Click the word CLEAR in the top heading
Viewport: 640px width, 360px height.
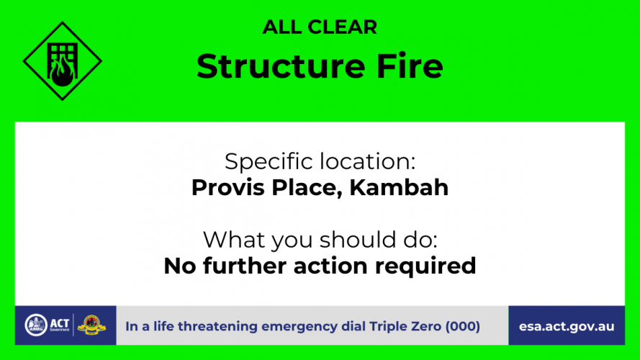pyautogui.click(x=342, y=27)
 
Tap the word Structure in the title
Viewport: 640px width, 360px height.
pyautogui.click(x=281, y=66)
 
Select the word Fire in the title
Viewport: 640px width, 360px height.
pyautogui.click(x=410, y=66)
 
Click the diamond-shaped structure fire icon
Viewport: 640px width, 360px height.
pyautogui.click(x=63, y=61)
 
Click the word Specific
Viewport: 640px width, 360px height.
pyautogui.click(x=270, y=162)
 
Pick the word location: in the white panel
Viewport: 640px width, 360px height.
pyautogui.click(x=367, y=161)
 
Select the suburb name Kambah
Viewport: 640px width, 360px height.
pyautogui.click(x=399, y=188)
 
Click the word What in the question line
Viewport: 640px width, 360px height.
pyautogui.click(x=234, y=240)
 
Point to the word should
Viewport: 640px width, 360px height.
pyautogui.click(x=359, y=240)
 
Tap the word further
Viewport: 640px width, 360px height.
pyautogui.click(x=245, y=266)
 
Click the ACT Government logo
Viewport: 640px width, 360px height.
pyautogui.click(x=47, y=325)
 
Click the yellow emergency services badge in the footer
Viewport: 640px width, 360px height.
pyautogui.click(x=91, y=325)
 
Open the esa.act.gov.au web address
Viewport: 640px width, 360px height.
pyautogui.click(x=567, y=327)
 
